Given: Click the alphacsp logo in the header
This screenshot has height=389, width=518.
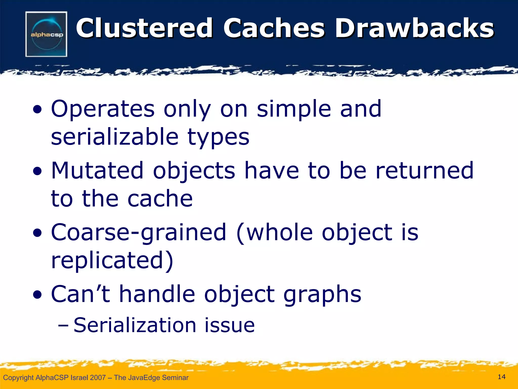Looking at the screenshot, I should [x=46, y=34].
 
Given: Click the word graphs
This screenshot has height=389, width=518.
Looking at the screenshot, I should [x=322, y=294].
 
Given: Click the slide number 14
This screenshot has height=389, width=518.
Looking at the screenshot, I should [x=502, y=377].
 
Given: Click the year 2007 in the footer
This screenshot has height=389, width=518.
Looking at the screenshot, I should [x=98, y=378].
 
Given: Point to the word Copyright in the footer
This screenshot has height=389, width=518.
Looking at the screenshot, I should [x=18, y=378].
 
